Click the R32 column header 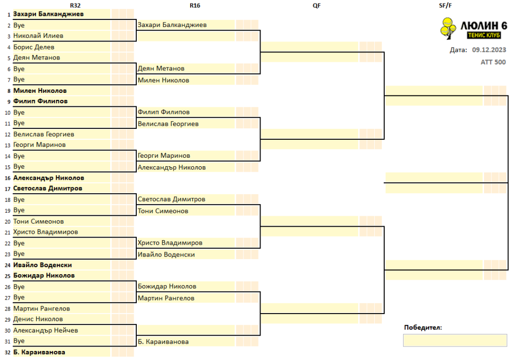tap(75, 5)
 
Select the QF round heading tap(316, 5)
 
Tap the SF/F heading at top tap(445, 5)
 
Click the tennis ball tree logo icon tap(448, 28)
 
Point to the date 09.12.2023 tap(489, 50)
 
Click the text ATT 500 tap(493, 62)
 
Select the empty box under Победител tap(455, 341)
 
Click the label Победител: tap(423, 328)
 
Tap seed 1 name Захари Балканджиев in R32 tap(48, 14)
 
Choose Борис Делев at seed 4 tap(33, 47)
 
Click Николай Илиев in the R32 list tap(38, 36)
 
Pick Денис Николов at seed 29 tap(38, 319)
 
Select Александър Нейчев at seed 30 tap(45, 331)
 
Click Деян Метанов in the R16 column tap(161, 68)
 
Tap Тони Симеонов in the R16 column tap(163, 211)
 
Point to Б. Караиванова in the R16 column tap(163, 342)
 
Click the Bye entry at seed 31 tap(19, 341)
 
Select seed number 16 tap(7, 178)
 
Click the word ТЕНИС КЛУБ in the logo tap(484, 35)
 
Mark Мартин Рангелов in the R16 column tap(166, 298)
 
